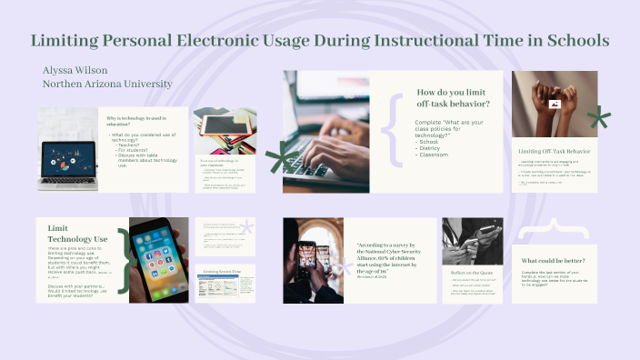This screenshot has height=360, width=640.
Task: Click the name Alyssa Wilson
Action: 75,70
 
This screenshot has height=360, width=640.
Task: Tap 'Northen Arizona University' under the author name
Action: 107,84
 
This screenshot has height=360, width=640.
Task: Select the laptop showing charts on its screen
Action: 67,155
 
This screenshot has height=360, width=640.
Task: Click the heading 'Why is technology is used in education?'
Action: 137,123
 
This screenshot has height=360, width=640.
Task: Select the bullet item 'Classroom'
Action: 435,155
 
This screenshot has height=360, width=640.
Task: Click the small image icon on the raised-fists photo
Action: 553,104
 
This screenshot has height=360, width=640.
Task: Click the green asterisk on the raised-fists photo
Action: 597,117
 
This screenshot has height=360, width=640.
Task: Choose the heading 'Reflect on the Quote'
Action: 471,272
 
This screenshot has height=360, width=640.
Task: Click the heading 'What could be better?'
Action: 553,259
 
